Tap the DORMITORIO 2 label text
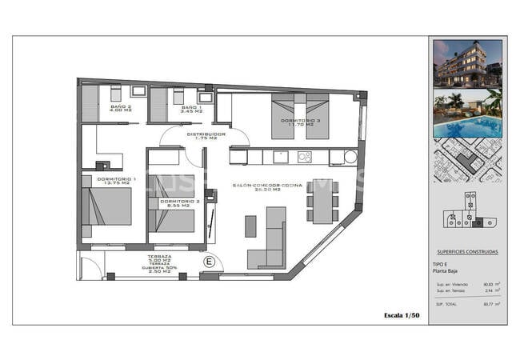coord(174,203)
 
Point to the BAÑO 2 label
coord(122,108)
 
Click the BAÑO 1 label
coord(190,108)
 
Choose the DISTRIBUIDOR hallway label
coord(206,136)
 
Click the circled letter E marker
coord(210,262)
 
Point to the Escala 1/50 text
coord(402,316)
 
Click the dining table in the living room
coord(323,202)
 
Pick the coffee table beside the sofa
coord(250,226)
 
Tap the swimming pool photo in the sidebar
coord(468,114)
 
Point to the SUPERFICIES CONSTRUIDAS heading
coord(468,252)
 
